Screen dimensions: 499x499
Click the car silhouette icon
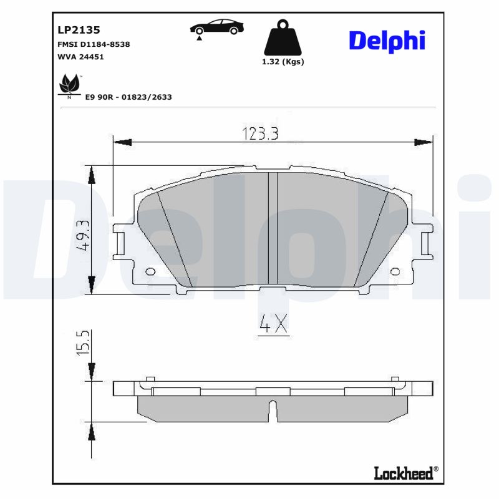pos(217,28)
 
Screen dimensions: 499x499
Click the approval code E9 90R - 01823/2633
pos(128,97)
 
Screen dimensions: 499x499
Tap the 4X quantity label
pos(273,324)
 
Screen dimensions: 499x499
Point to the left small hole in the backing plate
pos(150,271)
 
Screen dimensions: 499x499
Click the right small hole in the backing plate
pos(395,271)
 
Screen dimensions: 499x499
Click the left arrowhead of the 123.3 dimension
pos(121,142)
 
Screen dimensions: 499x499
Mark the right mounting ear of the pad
pos(427,245)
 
